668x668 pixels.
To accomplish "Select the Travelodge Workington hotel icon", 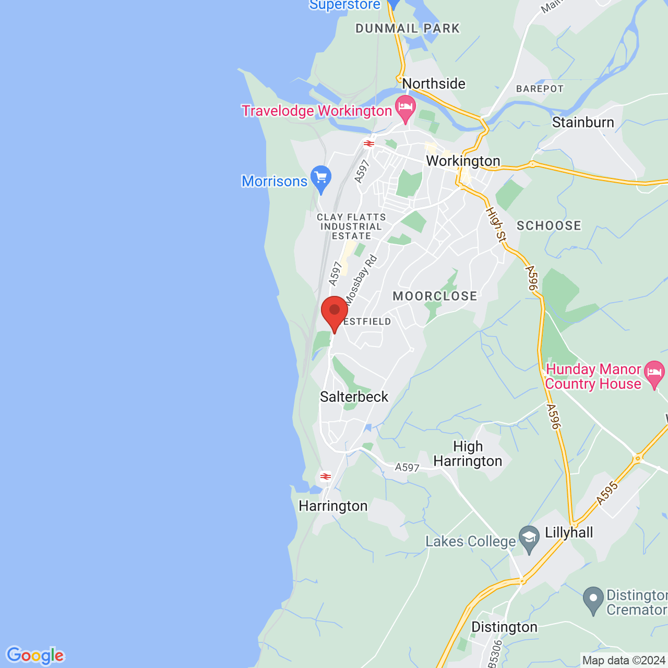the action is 405,108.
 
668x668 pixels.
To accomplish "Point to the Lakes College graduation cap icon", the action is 530,539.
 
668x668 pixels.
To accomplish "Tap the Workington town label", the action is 463,161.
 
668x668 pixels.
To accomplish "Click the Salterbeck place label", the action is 354,397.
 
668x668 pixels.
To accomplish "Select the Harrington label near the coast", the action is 333,506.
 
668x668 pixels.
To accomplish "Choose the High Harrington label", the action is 468,454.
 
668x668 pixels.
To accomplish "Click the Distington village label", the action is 504,627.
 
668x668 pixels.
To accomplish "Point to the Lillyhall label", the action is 569,532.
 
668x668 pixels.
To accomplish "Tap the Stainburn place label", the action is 583,122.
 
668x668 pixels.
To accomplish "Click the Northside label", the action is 433,83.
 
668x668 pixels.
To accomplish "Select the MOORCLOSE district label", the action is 435,296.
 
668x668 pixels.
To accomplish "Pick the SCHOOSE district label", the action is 548,225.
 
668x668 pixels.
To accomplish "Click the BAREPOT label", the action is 540,89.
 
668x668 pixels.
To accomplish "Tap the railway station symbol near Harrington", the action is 325,476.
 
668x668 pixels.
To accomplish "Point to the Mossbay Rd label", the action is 361,280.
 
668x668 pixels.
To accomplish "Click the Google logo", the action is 35,655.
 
